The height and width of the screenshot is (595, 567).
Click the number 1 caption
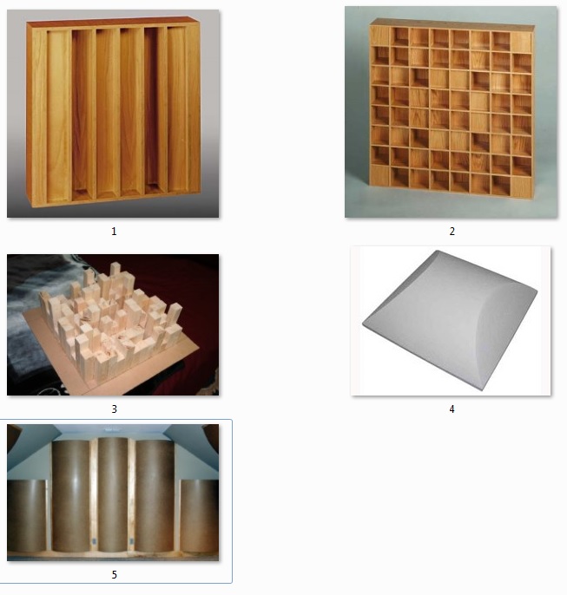pos(114,232)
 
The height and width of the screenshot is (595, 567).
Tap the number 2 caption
pos(452,232)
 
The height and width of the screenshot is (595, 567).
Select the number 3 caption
pos(114,409)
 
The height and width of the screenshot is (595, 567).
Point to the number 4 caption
pos(452,409)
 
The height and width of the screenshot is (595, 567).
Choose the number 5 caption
pos(114,575)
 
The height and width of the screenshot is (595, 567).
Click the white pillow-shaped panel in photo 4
pos(450,319)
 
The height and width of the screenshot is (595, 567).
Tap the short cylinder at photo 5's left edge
pos(27,516)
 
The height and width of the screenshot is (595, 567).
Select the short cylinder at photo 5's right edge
pos(200,516)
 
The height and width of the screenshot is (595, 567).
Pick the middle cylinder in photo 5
pos(113,494)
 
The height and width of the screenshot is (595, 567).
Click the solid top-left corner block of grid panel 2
pos(379,36)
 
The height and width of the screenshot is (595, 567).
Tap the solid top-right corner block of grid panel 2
pos(521,42)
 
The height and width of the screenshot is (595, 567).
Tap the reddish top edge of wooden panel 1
pos(113,21)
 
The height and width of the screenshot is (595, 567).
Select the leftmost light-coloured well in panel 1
pos(58,115)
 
